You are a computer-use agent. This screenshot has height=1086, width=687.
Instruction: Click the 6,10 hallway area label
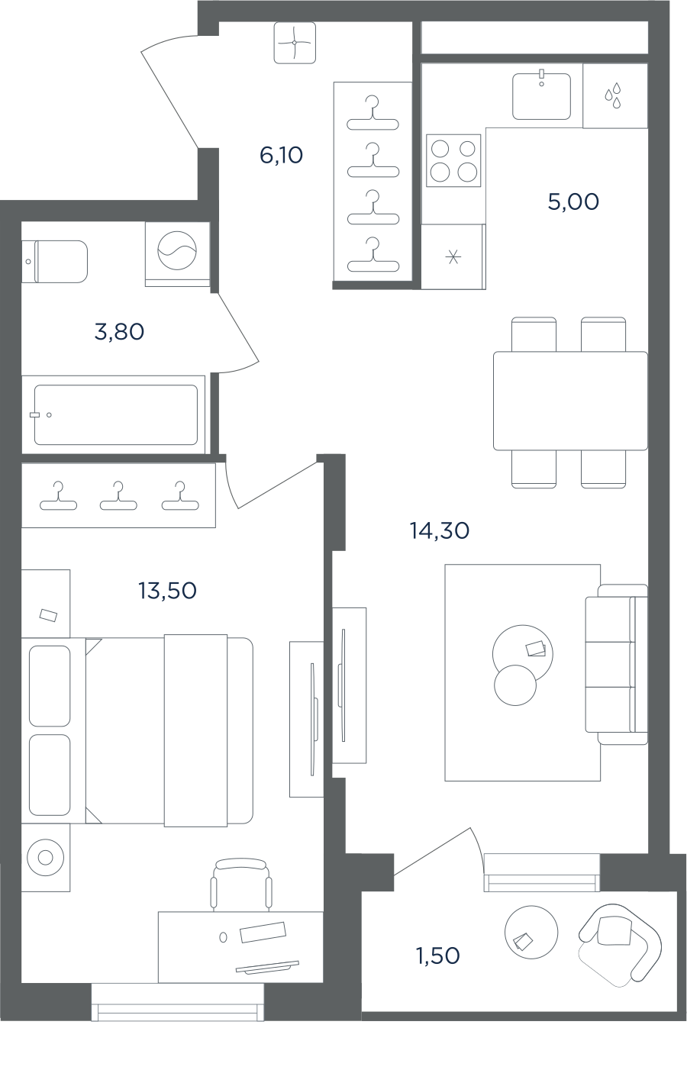point(281,155)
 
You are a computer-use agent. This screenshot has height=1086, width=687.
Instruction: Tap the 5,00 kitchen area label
point(573,201)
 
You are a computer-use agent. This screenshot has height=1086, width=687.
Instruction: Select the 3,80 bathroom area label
point(119,332)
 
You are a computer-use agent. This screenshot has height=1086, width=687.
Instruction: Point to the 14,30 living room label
point(440,530)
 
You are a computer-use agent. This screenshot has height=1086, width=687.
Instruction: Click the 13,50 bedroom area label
point(168,591)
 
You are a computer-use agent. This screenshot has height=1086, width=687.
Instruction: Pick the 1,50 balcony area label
point(438,954)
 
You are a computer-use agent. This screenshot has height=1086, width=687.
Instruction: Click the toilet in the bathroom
point(55,261)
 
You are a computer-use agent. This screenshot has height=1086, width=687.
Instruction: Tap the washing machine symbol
point(177,250)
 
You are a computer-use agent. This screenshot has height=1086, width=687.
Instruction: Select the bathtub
point(116,415)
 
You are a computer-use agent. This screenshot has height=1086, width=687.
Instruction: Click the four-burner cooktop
point(453,160)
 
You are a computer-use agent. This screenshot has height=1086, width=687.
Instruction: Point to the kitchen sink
point(541,95)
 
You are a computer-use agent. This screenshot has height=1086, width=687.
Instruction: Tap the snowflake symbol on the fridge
point(453,256)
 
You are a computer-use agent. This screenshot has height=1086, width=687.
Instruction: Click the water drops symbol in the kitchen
point(613,95)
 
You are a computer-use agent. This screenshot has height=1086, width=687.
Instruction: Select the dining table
point(571,401)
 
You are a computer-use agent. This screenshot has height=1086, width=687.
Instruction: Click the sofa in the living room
point(617,664)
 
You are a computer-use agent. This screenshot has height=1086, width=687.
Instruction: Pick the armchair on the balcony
point(620,946)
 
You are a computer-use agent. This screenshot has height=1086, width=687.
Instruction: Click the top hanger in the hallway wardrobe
point(373,113)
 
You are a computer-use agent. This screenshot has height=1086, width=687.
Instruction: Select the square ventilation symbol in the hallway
point(295,43)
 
